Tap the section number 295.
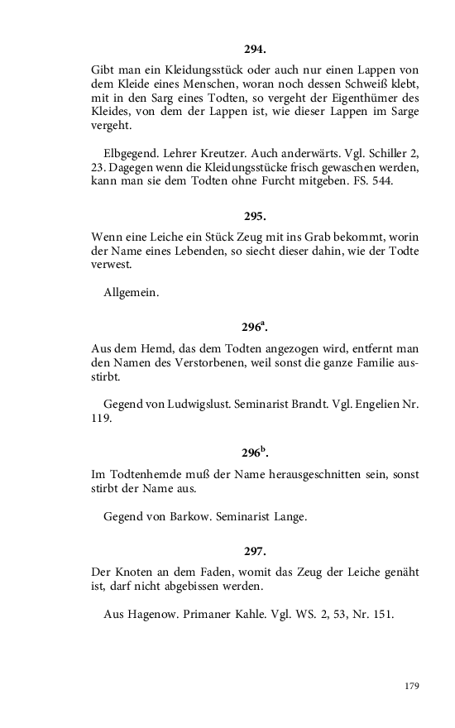tap(255, 216)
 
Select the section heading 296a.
tap(255, 327)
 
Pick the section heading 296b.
tap(255, 453)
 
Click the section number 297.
tap(255, 550)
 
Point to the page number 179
tap(412, 686)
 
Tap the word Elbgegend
tap(130, 153)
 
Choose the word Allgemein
tap(132, 293)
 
